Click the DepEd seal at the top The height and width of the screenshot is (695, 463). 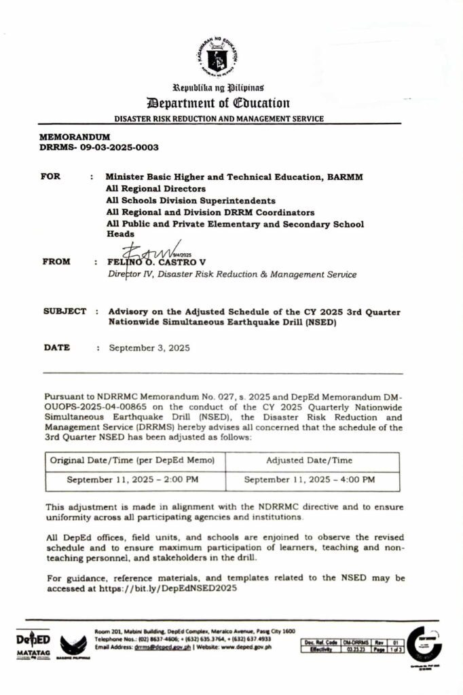(218, 58)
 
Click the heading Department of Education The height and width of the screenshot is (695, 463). (218, 103)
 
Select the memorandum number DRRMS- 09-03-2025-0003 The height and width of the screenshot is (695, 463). (99, 147)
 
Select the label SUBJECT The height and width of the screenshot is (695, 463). (64, 311)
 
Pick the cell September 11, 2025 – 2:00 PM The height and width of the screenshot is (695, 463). (133, 479)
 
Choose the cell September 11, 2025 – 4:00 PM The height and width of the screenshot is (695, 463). (310, 479)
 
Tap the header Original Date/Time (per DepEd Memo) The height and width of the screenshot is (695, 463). (133, 460)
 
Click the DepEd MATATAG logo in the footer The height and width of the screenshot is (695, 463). (33, 645)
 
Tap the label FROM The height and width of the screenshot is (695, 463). (55, 261)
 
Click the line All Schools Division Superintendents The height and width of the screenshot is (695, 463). (191, 200)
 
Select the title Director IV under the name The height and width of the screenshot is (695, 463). (129, 274)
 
